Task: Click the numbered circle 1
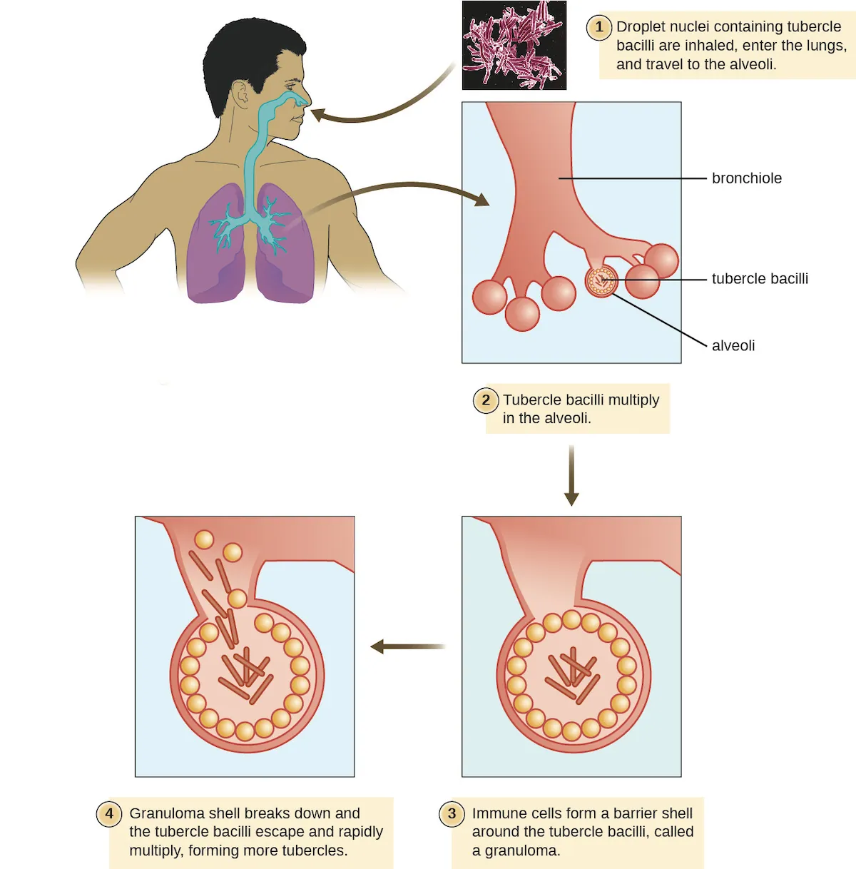point(598,27)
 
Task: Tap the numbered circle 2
point(486,400)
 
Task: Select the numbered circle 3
point(452,813)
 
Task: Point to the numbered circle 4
point(109,813)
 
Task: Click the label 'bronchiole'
point(746,178)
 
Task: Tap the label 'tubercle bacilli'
point(760,279)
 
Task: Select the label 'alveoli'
point(733,346)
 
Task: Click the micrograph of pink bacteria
point(514,45)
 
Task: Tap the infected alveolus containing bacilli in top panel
point(601,282)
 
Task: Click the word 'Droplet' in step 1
point(640,27)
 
